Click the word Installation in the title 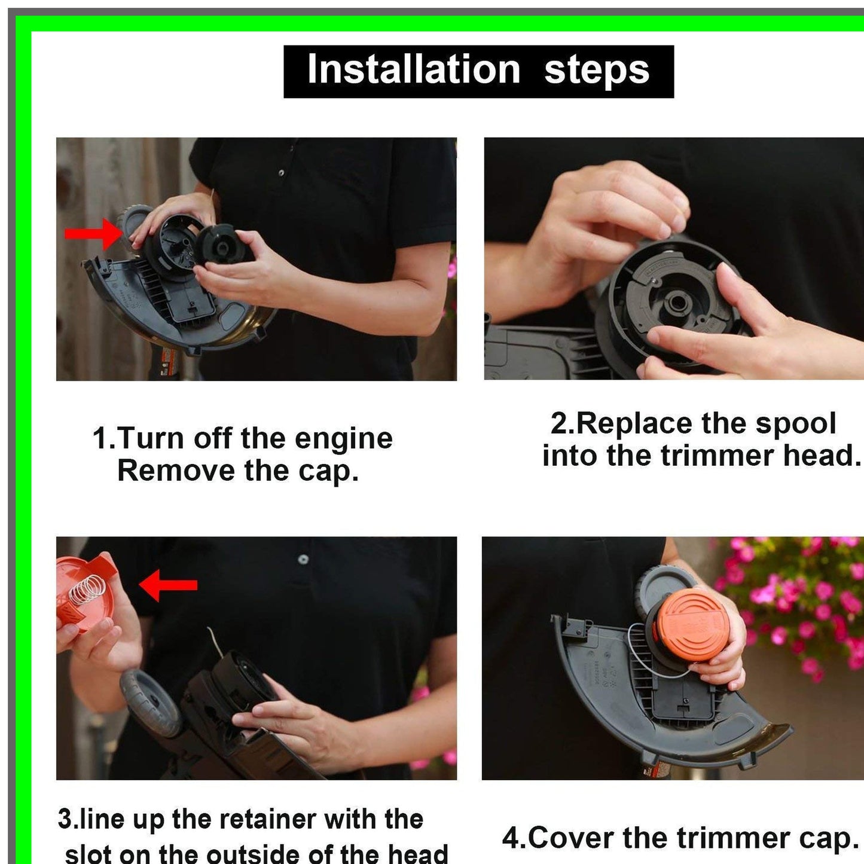click(413, 70)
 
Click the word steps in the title click(596, 70)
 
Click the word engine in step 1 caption click(343, 438)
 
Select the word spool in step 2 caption click(795, 424)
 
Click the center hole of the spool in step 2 click(676, 301)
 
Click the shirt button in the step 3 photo click(303, 559)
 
